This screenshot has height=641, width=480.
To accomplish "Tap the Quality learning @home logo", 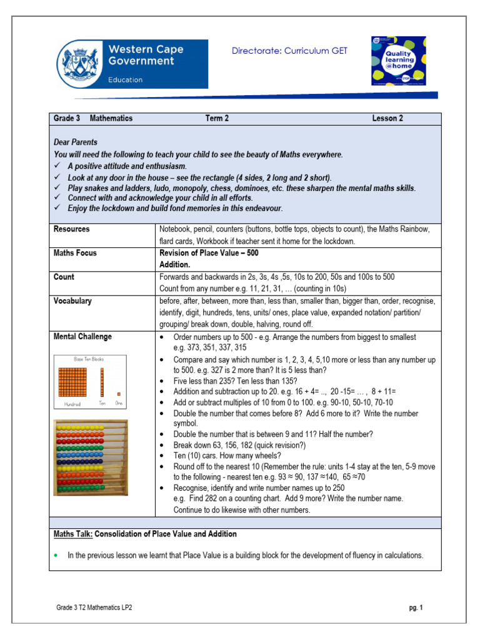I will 398,61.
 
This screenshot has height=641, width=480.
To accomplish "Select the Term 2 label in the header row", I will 217,118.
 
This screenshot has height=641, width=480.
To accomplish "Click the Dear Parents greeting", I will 75,142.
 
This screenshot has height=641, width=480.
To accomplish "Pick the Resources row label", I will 71,229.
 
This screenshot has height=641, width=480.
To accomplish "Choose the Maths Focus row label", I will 75,254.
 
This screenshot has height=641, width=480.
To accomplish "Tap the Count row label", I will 64,277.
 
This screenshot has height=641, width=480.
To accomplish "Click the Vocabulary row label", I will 72,301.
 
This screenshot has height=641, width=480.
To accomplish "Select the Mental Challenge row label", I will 82,337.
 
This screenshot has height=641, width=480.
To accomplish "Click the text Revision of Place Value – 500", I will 209,254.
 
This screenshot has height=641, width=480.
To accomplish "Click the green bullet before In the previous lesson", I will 56,555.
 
